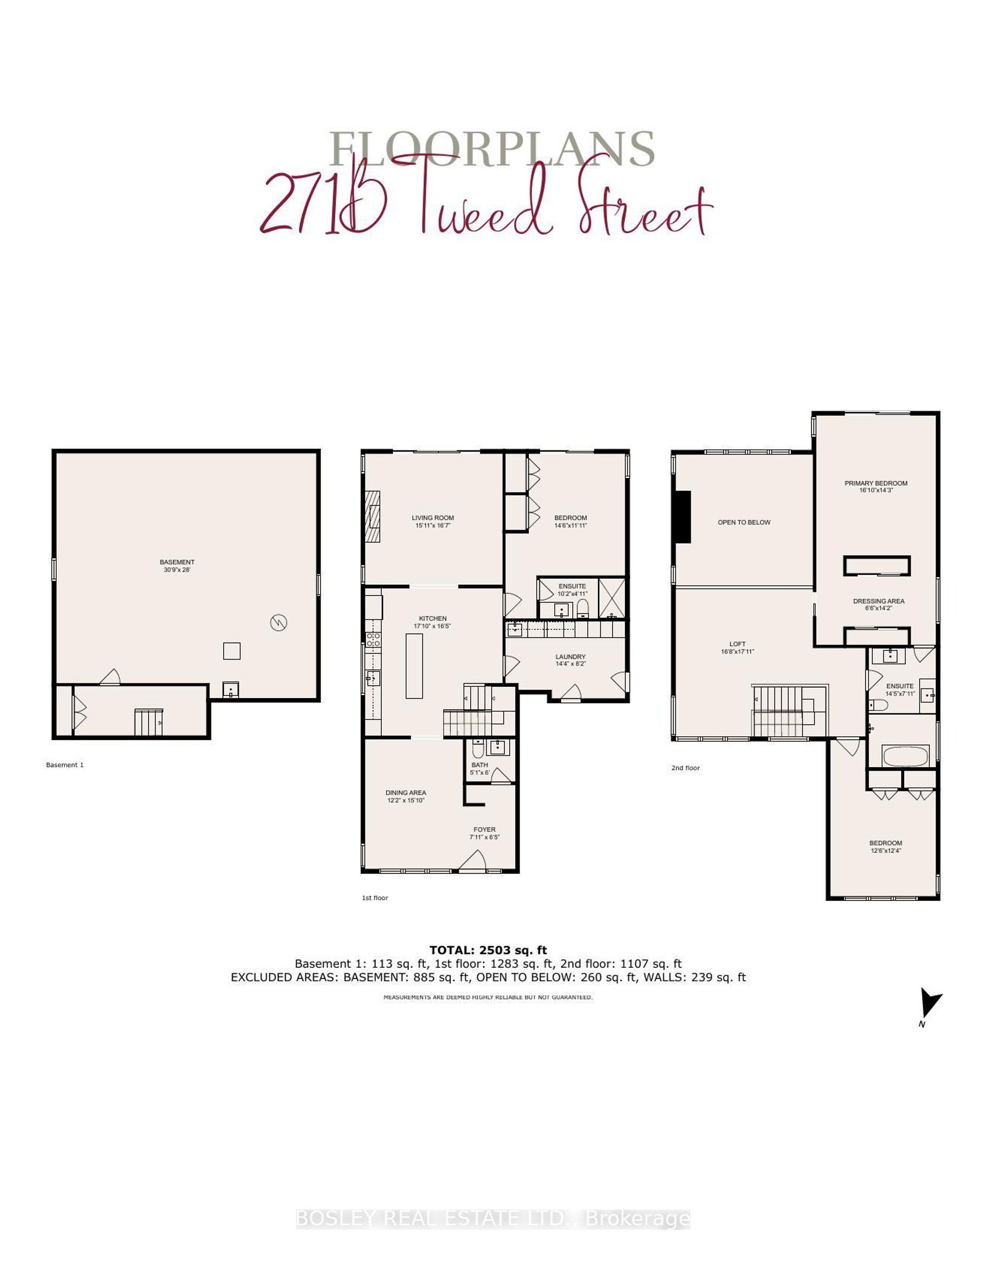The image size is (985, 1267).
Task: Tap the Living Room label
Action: [x=433, y=521]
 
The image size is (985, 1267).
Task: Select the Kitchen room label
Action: [x=433, y=622]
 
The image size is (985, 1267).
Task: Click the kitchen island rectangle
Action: [x=414, y=666]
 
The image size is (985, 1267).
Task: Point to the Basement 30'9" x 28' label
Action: [x=177, y=565]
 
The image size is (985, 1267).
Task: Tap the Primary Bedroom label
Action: [x=876, y=486]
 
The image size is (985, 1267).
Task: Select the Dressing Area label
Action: [x=878, y=604]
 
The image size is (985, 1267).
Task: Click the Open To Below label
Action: [x=744, y=522]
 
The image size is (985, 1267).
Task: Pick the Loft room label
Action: [x=738, y=648]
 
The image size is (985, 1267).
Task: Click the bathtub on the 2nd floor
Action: [x=905, y=756]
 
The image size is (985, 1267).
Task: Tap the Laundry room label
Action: [x=570, y=660]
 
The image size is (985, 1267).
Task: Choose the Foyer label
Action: [x=484, y=833]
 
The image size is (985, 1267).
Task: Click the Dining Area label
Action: [x=406, y=796]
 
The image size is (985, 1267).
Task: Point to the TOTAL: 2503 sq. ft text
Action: [x=488, y=950]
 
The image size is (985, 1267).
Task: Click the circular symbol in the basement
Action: [x=278, y=622]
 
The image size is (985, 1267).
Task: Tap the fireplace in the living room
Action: [x=373, y=518]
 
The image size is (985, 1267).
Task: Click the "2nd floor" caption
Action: [x=685, y=768]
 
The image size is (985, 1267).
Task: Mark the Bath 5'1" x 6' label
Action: [x=480, y=768]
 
